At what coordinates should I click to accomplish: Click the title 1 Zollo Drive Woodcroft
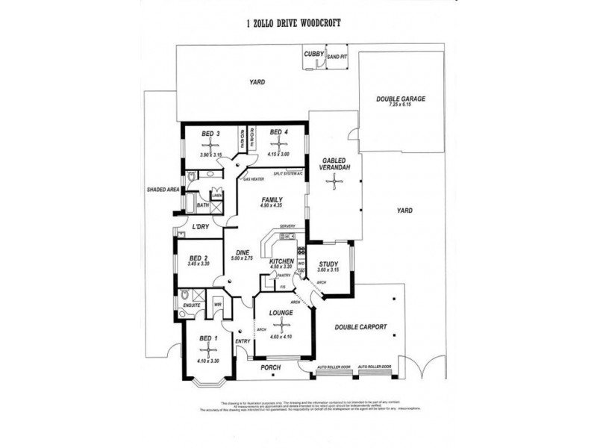tap(293, 24)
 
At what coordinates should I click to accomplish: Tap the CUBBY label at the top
tap(312, 54)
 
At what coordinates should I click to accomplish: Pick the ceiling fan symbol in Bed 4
tap(279, 143)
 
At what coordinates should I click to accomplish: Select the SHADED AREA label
tap(163, 189)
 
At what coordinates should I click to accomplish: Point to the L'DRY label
tap(199, 226)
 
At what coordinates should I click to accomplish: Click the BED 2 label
tap(199, 257)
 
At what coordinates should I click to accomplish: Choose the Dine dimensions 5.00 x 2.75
tap(243, 258)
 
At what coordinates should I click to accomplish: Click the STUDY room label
tap(328, 264)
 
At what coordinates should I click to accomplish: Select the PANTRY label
tap(283, 276)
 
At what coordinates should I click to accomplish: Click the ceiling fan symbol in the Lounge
tap(281, 324)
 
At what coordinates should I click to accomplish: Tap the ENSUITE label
tap(190, 305)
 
